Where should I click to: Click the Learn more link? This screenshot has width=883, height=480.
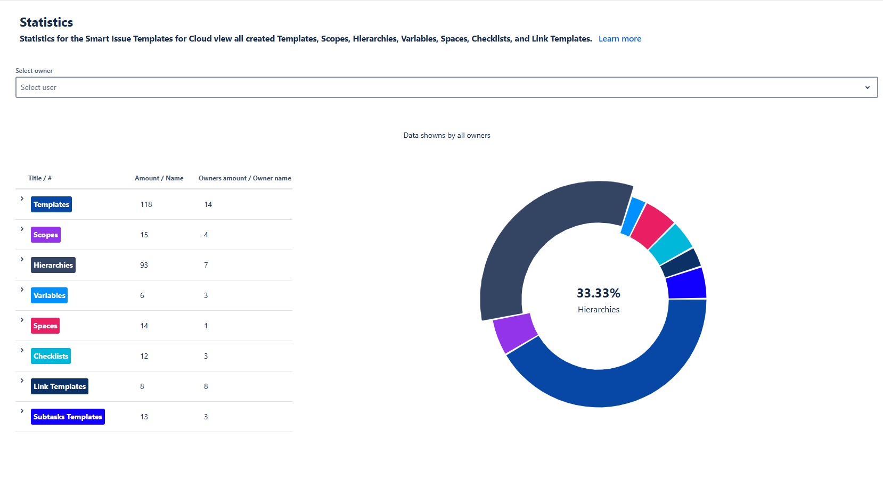pos(619,39)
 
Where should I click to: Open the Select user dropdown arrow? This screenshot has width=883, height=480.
pos(867,88)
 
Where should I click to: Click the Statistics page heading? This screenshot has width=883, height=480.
pos(46,22)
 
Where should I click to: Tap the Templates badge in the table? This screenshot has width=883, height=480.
pos(51,204)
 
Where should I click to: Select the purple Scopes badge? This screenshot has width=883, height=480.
pos(46,235)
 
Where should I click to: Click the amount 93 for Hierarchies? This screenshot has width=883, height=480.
pos(144,265)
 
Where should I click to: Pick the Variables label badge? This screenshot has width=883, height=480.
pos(49,295)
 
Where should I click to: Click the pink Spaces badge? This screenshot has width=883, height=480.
pos(45,326)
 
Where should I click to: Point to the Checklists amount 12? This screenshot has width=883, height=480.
pos(144,356)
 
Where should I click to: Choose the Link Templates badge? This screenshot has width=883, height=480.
pos(60,386)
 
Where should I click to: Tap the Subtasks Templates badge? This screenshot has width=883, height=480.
pos(68,417)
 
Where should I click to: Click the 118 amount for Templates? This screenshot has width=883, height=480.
pos(146,204)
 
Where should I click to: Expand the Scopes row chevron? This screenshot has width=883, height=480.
pos(22,229)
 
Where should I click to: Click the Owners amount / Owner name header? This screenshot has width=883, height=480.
pos(244,178)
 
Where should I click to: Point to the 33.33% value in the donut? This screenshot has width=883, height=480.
pos(598,293)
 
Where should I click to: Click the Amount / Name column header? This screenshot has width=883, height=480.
pos(159,178)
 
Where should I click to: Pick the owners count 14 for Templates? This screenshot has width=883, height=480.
pos(208,204)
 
